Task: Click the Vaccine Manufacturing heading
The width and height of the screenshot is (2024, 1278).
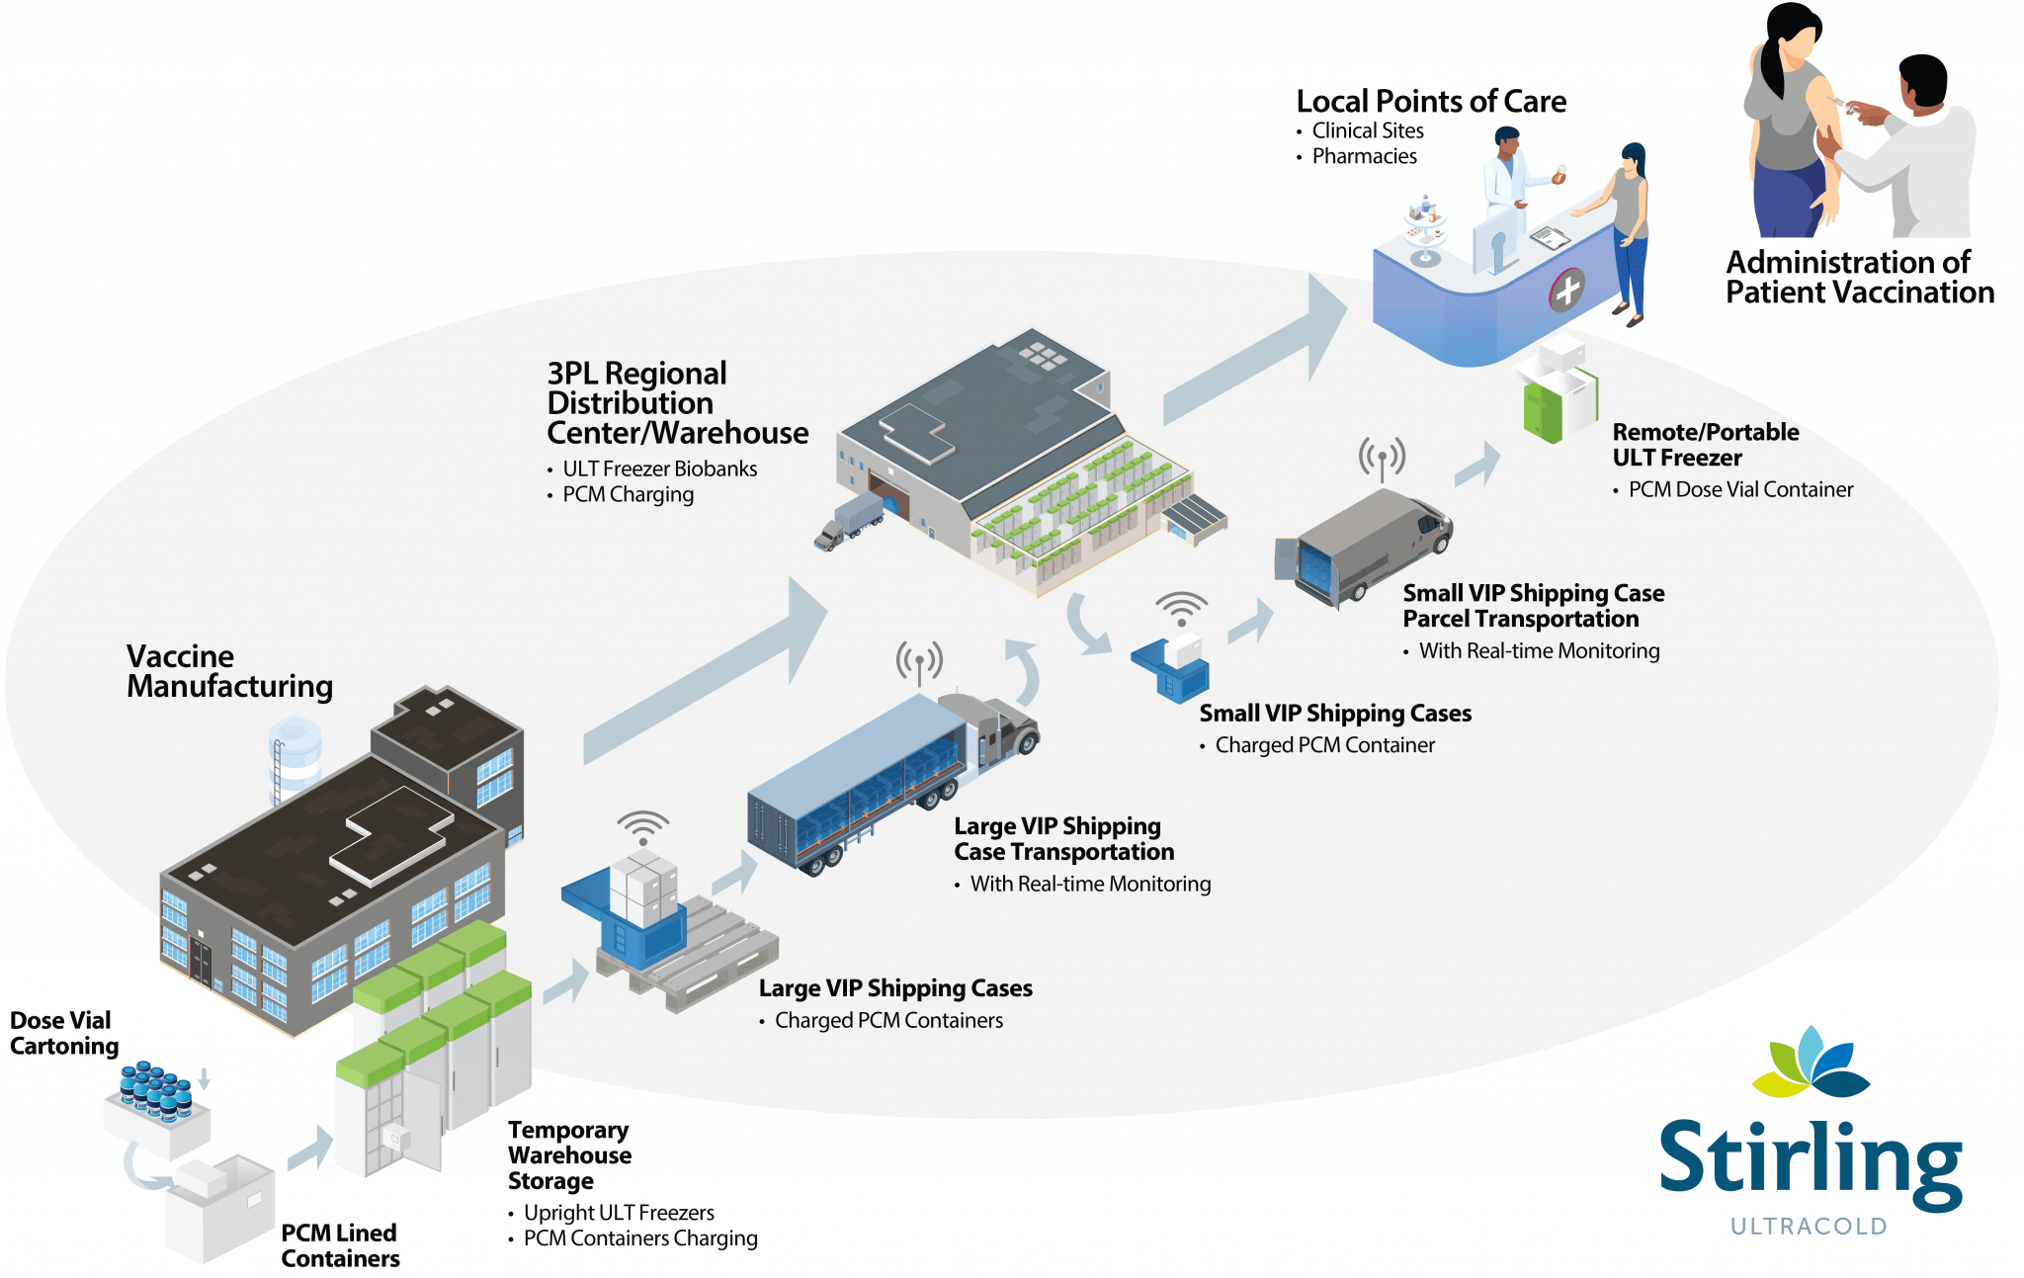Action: tap(228, 671)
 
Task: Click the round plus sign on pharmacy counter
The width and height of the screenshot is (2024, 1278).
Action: tap(1566, 291)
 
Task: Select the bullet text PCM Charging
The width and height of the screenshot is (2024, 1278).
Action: tap(628, 494)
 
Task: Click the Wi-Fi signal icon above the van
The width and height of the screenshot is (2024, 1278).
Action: tap(1382, 458)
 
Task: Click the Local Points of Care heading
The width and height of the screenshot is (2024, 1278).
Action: tap(1430, 102)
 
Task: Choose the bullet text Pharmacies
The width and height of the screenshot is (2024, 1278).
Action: tap(1364, 156)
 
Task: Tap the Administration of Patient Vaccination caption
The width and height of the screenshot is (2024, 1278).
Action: tap(1859, 278)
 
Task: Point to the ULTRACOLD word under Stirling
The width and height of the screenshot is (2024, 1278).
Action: tap(1809, 1227)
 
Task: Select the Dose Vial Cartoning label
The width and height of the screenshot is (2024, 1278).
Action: tap(64, 1033)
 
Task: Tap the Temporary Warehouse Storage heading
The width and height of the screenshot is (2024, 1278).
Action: tap(569, 1155)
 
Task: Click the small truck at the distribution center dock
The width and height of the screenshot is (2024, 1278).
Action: tap(850, 521)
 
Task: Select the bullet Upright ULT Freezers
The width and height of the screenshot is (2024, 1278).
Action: tap(619, 1213)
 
